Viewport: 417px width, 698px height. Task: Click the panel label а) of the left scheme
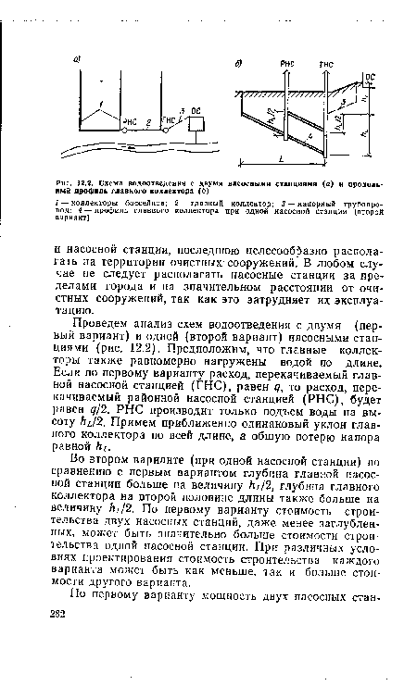[80, 55]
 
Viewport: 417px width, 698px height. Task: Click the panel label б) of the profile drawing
[238, 60]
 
